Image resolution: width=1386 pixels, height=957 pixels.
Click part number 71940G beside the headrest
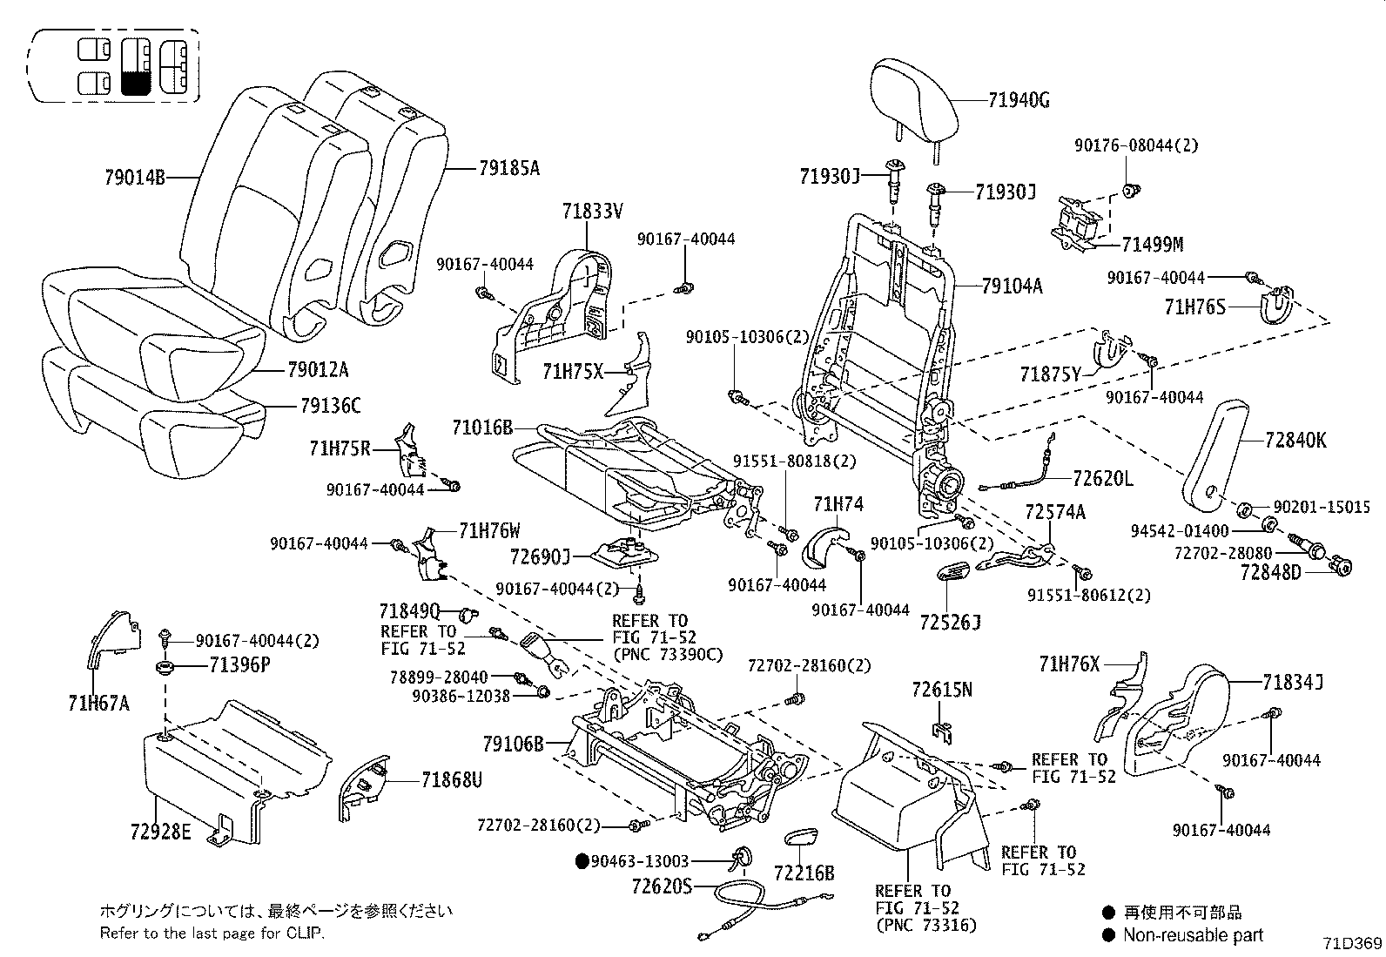point(1019,101)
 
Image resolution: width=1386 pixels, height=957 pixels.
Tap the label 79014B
point(135,178)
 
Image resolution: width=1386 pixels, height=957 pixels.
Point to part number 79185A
point(508,168)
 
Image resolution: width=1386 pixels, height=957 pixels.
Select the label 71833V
point(592,210)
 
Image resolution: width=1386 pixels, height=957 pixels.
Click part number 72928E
point(160,831)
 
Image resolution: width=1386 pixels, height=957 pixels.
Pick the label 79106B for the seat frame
point(513,744)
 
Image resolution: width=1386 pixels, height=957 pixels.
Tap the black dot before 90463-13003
point(582,861)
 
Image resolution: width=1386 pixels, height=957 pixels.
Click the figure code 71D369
point(1350,943)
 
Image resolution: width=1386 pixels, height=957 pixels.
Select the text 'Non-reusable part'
point(1192,935)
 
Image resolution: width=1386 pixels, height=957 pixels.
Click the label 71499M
point(1152,245)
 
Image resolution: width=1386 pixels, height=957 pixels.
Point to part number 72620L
point(1102,478)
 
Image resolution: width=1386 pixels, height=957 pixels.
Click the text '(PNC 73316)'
point(925,924)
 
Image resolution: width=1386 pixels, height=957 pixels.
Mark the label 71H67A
point(98,703)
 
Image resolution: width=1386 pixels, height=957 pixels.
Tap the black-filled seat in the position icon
point(137,83)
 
